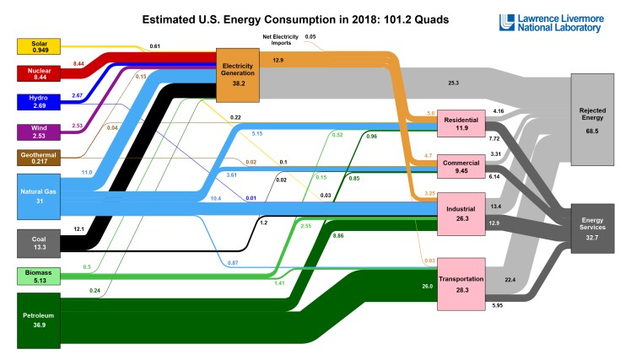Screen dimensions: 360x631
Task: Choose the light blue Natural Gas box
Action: pyautogui.click(x=37, y=196)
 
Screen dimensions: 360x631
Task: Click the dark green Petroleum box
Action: pyautogui.click(x=37, y=319)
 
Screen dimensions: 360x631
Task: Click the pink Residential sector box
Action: pyautogui.click(x=461, y=125)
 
